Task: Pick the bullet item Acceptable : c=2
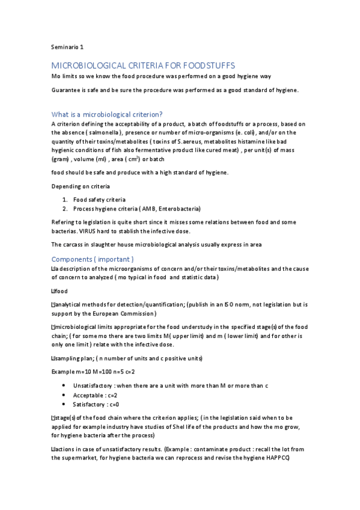point(95,395)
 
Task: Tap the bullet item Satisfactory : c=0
point(96,404)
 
